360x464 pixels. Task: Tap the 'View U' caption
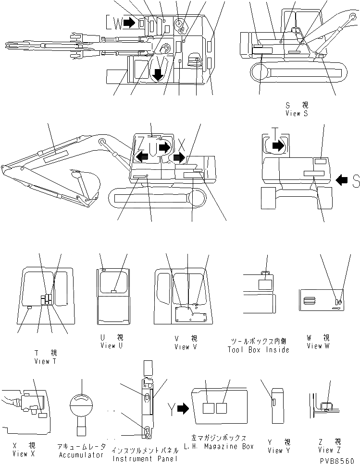point(109,345)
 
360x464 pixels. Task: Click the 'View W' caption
point(318,345)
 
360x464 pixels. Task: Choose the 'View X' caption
point(20,453)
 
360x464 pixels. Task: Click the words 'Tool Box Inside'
point(259,350)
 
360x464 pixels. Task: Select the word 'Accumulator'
point(81,454)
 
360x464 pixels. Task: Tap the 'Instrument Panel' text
point(144,459)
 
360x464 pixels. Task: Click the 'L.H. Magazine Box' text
point(218,446)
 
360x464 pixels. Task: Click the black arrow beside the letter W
point(129,22)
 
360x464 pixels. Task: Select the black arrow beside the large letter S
point(342,180)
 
